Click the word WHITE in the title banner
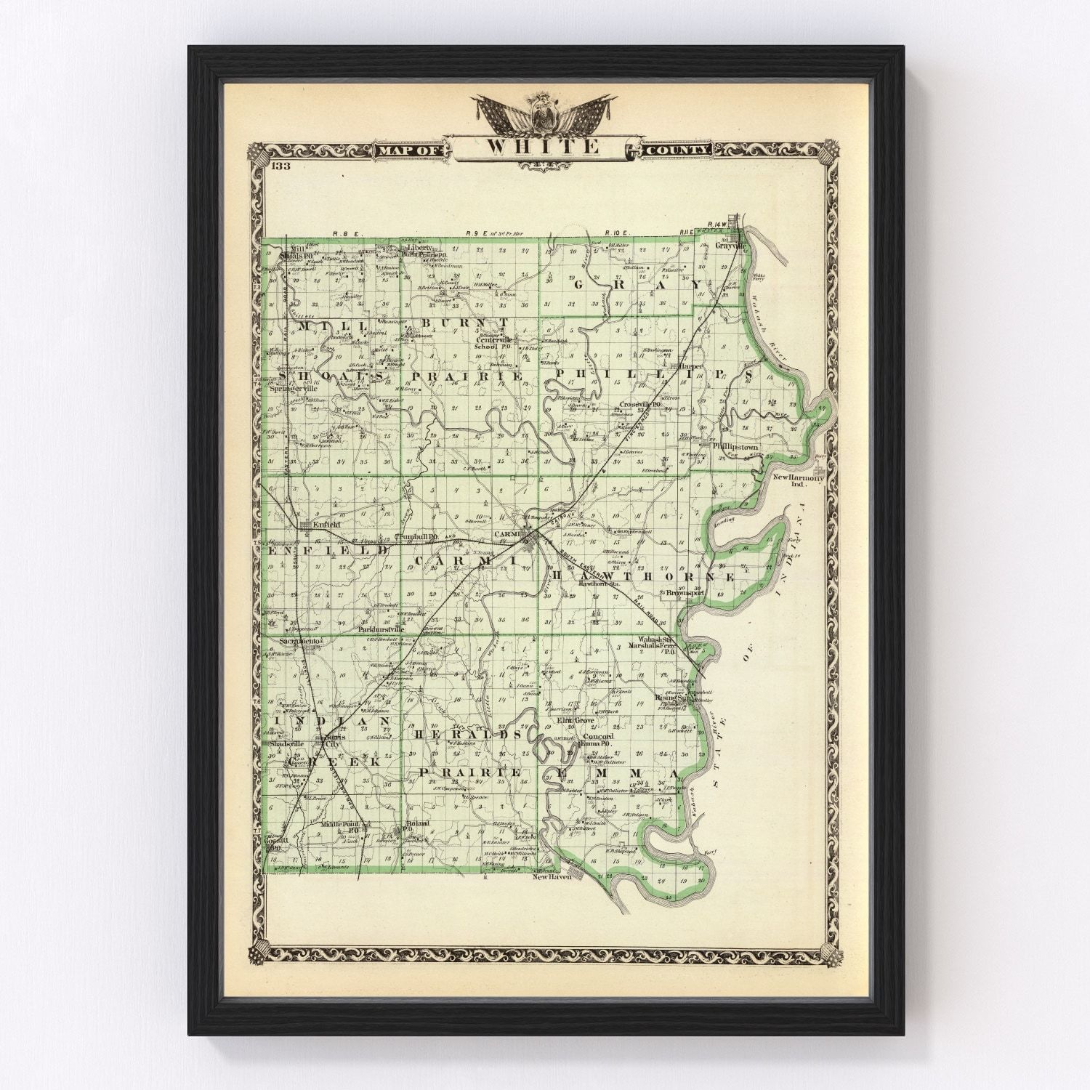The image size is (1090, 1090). point(543,147)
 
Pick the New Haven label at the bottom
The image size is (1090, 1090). point(552,877)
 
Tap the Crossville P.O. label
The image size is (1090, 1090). point(639,404)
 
